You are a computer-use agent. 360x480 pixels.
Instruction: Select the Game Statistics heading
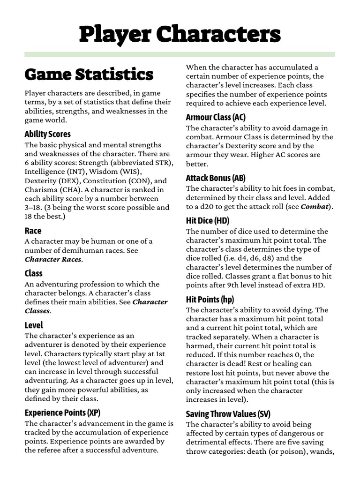tap(89, 74)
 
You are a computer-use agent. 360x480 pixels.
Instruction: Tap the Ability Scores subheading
tap(48, 134)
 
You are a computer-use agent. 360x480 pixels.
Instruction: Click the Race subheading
tap(33, 231)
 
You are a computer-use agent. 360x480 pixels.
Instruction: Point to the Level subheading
tap(34, 325)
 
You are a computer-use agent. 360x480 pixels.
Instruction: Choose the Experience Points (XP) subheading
tap(62, 412)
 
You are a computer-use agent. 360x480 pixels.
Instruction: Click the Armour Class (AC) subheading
tap(216, 117)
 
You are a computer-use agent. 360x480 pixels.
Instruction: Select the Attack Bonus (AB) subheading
tap(216, 178)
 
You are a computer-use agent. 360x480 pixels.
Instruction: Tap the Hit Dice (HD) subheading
tap(208, 220)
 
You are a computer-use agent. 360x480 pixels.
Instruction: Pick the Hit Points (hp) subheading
tap(210, 299)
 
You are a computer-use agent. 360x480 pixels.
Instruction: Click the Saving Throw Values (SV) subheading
tap(228, 414)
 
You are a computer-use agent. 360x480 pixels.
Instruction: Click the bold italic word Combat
tap(315, 206)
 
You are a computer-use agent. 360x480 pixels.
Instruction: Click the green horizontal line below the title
tap(180, 54)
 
